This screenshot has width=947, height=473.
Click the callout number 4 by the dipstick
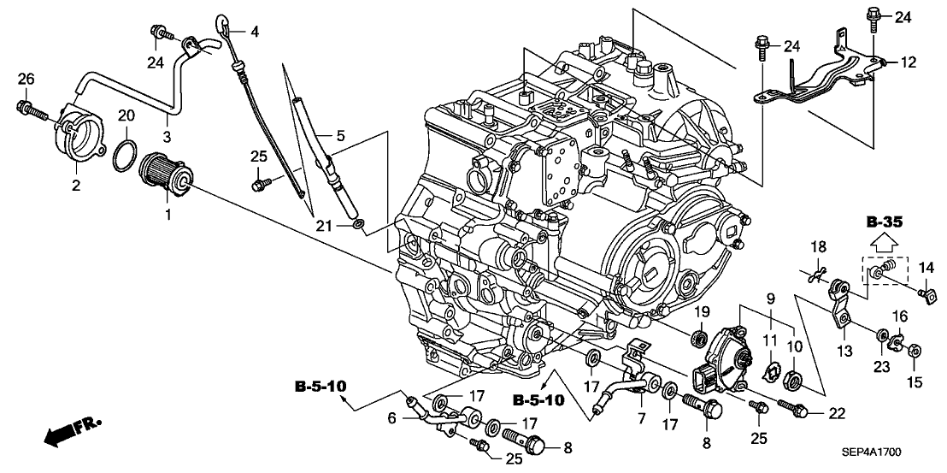tap(254, 32)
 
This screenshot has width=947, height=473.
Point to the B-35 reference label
tap(883, 222)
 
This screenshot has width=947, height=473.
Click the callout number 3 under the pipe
tap(167, 137)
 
